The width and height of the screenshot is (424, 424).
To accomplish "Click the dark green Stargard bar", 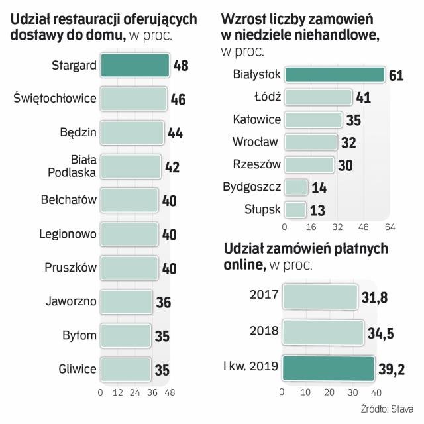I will (x=134, y=65).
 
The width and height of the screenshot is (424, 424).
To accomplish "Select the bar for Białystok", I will (x=335, y=74).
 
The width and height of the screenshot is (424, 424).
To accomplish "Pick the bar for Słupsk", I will (x=295, y=210).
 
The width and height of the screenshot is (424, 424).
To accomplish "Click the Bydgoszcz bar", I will (x=296, y=187).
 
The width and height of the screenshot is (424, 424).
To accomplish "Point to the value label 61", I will (x=396, y=75).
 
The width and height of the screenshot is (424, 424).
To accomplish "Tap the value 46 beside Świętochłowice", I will (x=178, y=100).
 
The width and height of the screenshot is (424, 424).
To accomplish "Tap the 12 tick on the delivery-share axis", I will (x=118, y=393).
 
